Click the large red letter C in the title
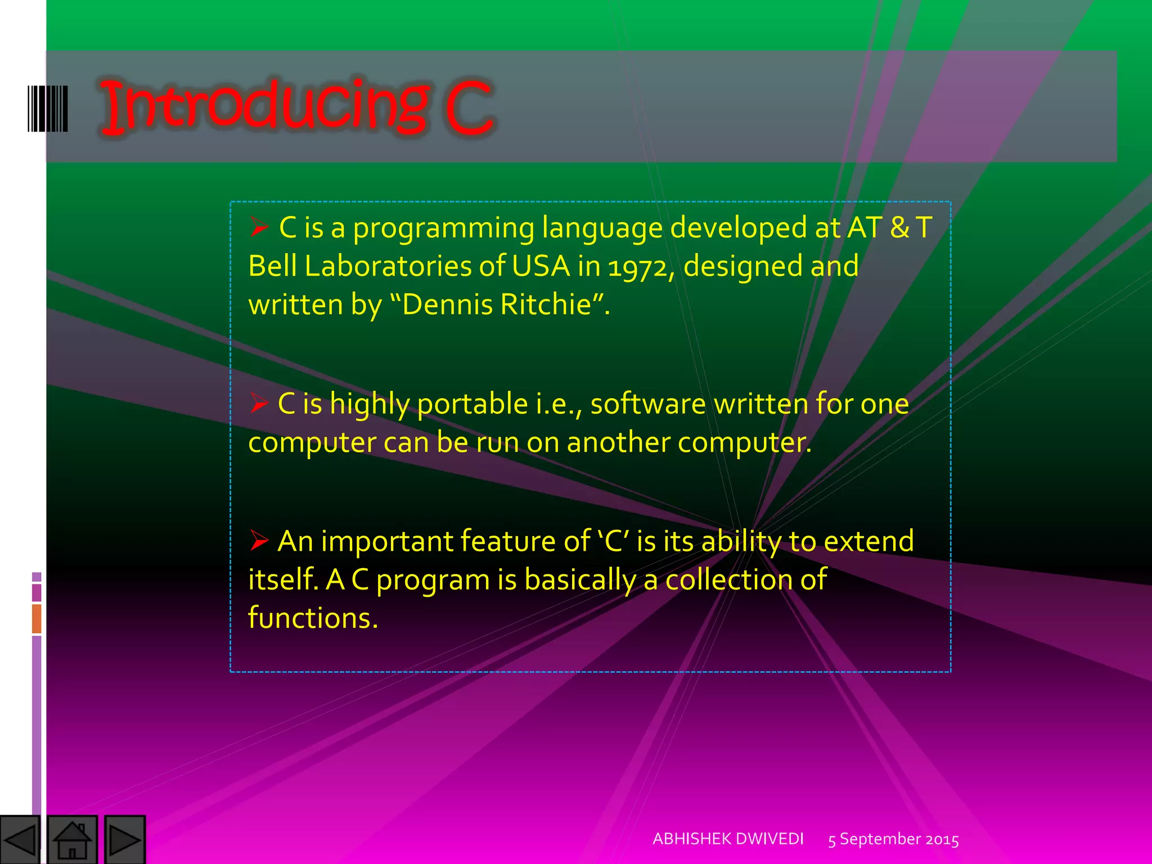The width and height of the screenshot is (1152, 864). (x=468, y=108)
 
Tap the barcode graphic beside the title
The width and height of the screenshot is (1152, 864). (x=48, y=109)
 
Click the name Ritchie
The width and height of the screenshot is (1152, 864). (x=545, y=304)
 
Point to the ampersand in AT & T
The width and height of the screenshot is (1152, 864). (x=900, y=228)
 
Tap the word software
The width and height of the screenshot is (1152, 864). (x=647, y=404)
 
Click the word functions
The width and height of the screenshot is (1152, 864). (x=313, y=618)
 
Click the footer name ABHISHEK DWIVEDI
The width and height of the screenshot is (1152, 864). (x=728, y=839)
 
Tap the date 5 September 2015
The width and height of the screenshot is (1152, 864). (x=893, y=839)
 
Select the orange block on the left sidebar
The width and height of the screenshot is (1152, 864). (x=37, y=618)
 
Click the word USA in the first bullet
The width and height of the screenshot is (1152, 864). (x=541, y=266)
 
